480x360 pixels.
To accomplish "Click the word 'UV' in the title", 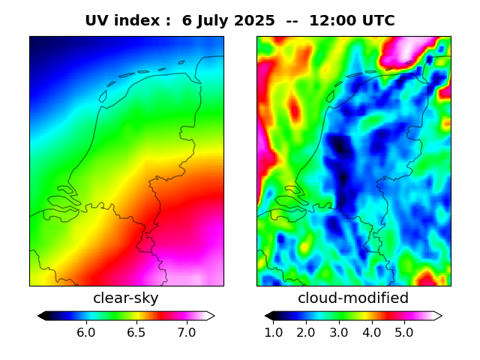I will pos(97,21).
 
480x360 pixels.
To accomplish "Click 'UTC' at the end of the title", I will pos(375,21).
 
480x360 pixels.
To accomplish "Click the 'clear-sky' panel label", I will pos(126,298).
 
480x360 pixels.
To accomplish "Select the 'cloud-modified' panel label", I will pos(353,298).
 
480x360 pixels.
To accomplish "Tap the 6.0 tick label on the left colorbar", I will pos(86,332).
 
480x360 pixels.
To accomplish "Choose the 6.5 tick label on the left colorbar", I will pos(136,332).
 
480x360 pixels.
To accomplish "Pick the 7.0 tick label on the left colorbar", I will pos(187,332).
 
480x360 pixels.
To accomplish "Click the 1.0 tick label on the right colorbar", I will pos(274,332).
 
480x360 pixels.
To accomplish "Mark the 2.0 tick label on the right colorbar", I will pos(306,332).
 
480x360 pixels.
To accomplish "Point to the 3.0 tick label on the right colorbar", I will pos(339,332).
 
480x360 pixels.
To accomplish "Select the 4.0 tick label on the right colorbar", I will pos(371,332).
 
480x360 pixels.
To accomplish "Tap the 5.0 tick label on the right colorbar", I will pos(403,332).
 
